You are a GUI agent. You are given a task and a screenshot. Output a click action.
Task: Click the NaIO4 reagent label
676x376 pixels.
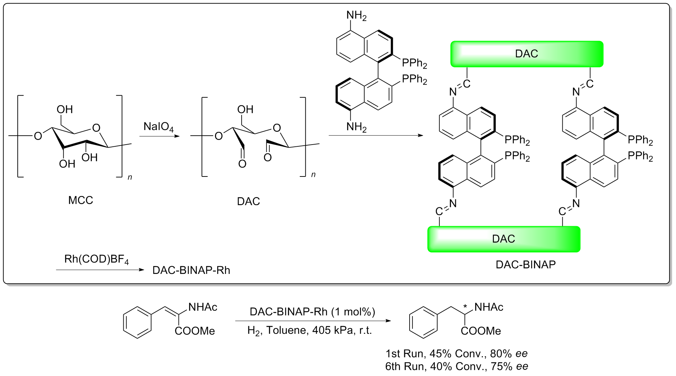[x=158, y=127]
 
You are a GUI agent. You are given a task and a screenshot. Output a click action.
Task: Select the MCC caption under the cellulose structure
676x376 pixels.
[x=80, y=200]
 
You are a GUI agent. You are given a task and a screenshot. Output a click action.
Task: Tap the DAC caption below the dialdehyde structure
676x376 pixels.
[x=248, y=201]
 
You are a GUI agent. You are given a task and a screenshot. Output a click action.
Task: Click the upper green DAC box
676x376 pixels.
[x=526, y=54]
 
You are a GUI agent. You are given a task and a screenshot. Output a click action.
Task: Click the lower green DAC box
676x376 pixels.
[x=503, y=239]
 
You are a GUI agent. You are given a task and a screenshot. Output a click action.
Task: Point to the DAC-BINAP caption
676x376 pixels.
[x=525, y=264]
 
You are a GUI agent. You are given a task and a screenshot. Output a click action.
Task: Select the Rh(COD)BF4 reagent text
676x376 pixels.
[x=96, y=260]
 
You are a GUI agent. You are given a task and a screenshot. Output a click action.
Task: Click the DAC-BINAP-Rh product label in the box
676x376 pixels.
[x=191, y=270]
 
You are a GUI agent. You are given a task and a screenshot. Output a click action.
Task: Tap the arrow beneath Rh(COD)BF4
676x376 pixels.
[x=100, y=270]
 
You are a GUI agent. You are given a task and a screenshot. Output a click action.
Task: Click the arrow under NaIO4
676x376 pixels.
[x=159, y=135]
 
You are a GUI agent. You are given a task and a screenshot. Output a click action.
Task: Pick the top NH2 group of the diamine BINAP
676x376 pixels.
[x=356, y=16]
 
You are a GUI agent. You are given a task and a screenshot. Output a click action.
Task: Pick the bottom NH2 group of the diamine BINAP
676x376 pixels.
[x=356, y=127]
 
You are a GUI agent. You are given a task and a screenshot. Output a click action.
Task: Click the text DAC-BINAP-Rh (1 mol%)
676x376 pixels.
[x=312, y=312]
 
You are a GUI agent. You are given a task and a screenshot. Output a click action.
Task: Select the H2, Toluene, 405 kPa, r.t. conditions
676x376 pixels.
[x=309, y=330]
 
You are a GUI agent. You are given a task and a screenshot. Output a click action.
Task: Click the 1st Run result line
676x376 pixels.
[x=456, y=354]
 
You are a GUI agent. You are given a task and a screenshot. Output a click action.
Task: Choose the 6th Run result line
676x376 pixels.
[x=456, y=366]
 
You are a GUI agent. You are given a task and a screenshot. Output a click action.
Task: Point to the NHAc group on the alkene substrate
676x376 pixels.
[x=203, y=307]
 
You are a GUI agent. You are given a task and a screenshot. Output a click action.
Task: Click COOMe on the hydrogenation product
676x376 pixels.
[x=481, y=331]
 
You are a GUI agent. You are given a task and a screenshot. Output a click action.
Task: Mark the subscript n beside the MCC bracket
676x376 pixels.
[x=130, y=177]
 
